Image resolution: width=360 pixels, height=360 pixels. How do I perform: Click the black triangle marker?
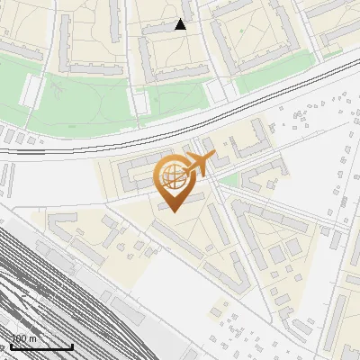[x=181, y=25]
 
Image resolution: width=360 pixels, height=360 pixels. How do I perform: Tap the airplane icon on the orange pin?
[x=198, y=164]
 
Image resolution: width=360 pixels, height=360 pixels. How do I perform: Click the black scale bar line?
[x=41, y=346]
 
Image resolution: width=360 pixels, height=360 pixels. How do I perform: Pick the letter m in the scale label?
[x=33, y=338]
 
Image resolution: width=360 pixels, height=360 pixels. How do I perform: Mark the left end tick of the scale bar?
[x=11, y=345]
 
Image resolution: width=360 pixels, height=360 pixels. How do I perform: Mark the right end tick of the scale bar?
[x=72, y=345]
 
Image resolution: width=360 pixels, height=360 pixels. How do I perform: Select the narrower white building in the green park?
[x=140, y=100]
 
